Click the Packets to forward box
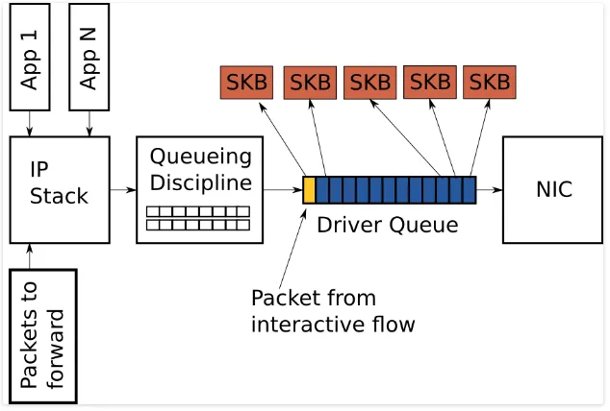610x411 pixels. click(43, 336)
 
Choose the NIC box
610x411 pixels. click(553, 189)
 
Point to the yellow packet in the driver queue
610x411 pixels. click(310, 190)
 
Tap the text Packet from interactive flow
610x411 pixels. click(332, 310)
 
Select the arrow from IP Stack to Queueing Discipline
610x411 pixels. click(122, 190)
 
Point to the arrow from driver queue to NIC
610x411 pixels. click(490, 190)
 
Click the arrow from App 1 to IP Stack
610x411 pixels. click(30, 122)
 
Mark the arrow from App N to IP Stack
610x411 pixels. click(89, 122)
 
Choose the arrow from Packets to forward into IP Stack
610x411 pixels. click(30, 256)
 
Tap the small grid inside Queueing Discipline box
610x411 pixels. click(198, 218)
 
